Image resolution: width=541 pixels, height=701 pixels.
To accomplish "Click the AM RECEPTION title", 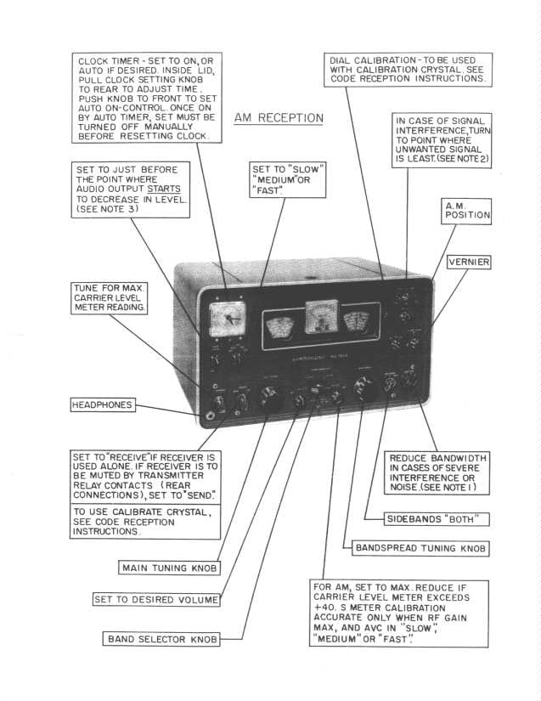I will [x=279, y=118].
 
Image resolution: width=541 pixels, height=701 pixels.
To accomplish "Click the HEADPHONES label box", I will [x=102, y=405].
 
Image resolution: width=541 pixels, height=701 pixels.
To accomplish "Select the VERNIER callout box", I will [x=469, y=263].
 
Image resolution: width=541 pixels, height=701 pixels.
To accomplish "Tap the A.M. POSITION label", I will [x=467, y=210].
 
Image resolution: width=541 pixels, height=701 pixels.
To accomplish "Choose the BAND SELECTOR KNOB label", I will [x=162, y=638].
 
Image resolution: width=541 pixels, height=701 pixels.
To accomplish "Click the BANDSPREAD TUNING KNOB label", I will [x=420, y=548].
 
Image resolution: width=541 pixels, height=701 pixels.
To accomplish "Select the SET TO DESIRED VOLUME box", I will [x=156, y=600].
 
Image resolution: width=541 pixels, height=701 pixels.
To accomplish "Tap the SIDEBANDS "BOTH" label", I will [x=428, y=518].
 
